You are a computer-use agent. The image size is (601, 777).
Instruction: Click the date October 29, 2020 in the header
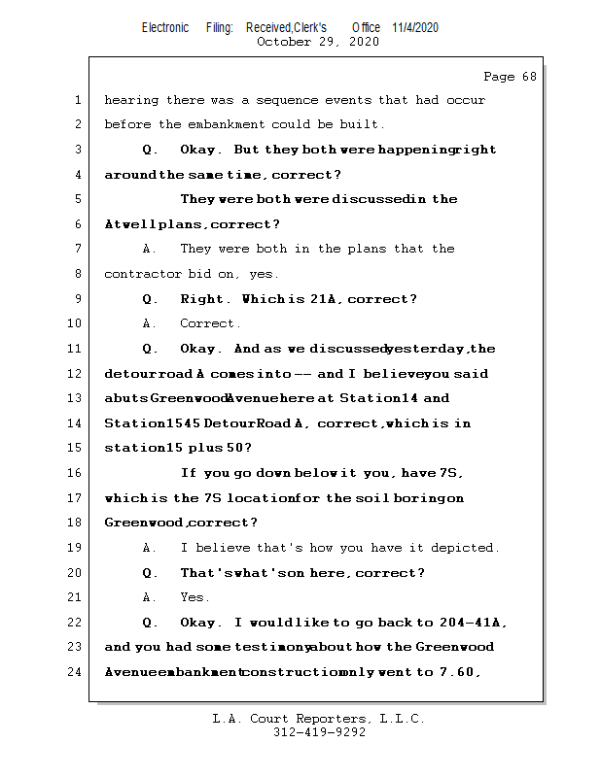[318, 42]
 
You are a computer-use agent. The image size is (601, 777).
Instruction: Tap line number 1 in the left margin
[77, 100]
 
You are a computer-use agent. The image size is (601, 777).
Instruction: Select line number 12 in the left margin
[75, 374]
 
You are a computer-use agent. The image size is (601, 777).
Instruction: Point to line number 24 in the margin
[75, 671]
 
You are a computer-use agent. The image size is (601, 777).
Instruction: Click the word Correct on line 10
[210, 323]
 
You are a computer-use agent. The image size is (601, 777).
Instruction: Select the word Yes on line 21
[194, 597]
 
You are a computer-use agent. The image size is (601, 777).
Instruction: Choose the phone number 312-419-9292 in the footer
[319, 732]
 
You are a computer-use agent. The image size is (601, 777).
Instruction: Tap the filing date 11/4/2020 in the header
[415, 27]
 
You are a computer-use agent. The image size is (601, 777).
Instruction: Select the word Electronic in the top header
[165, 27]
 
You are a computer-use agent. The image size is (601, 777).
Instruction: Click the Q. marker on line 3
[150, 150]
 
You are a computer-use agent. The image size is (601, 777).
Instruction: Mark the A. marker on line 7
[150, 250]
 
